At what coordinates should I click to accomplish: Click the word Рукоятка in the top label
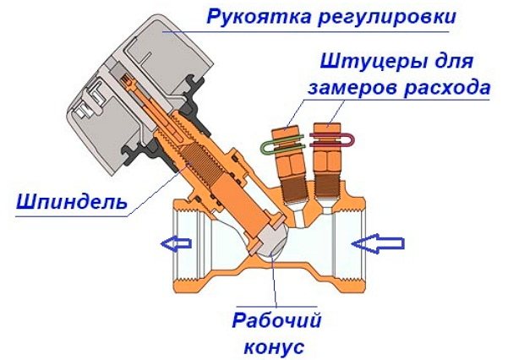[x=258, y=17]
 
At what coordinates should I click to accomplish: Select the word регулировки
[x=387, y=18]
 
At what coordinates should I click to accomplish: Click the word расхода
[x=447, y=88]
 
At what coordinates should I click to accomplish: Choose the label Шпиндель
[x=72, y=203]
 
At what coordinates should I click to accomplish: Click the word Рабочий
[x=276, y=320]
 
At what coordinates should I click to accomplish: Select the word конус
[x=274, y=347]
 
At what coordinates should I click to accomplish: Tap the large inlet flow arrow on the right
[x=378, y=243]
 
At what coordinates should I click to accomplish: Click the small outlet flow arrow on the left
[x=177, y=243]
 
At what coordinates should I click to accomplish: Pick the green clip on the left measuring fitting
[x=282, y=145]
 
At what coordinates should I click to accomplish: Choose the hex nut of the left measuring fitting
[x=290, y=164]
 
